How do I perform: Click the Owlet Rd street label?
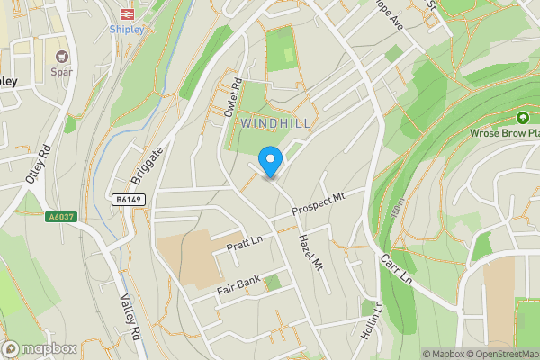click(233, 99)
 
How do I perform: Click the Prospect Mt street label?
click(319, 203)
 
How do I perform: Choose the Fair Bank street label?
click(238, 285)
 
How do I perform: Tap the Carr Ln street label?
click(395, 267)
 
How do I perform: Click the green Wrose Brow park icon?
click(522, 118)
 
